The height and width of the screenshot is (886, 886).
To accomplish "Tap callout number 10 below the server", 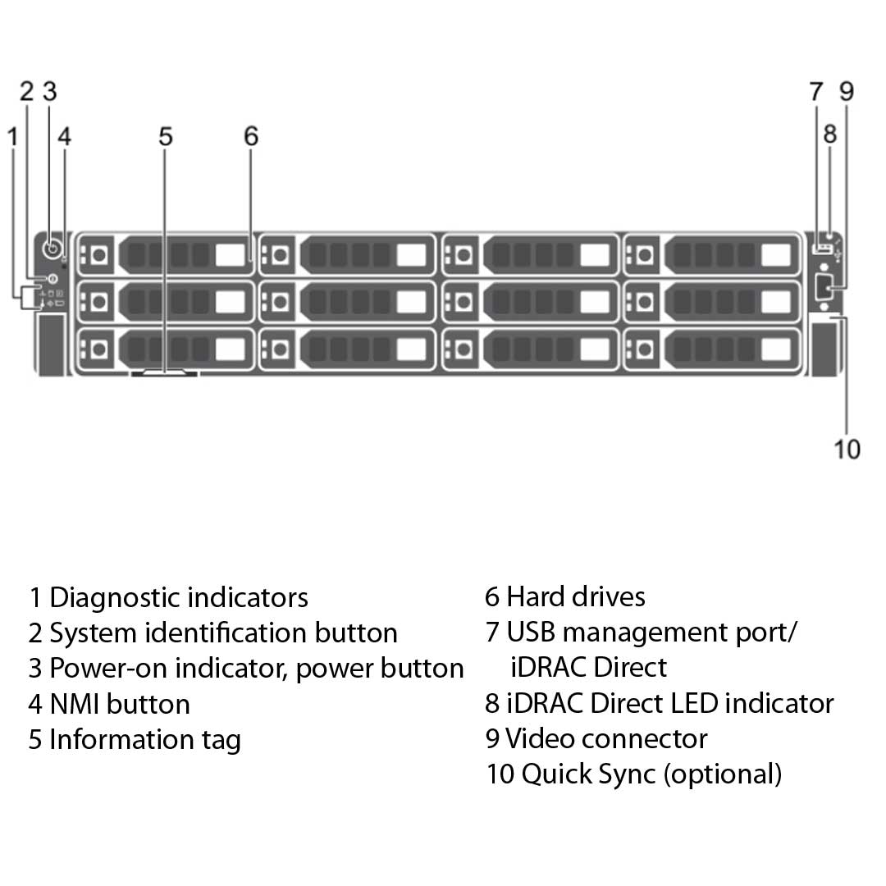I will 847,449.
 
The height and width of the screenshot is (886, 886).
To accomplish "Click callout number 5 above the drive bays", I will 166,136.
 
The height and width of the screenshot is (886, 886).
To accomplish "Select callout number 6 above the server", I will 251,136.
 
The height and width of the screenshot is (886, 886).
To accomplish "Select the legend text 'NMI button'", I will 119,704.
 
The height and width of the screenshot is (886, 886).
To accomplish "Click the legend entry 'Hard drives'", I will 575,596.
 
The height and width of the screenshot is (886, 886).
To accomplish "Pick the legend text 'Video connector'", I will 605,738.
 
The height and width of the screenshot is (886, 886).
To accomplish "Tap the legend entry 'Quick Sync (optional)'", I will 651,774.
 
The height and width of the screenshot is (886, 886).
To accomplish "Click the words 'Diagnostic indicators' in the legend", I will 179,597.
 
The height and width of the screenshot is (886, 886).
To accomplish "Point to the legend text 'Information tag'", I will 144,739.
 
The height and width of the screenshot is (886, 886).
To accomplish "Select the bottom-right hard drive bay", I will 710,349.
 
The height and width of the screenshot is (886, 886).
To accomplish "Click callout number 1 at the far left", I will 12,136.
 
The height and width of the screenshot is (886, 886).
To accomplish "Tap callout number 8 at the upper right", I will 830,133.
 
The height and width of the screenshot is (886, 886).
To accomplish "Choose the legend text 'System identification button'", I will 223,633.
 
